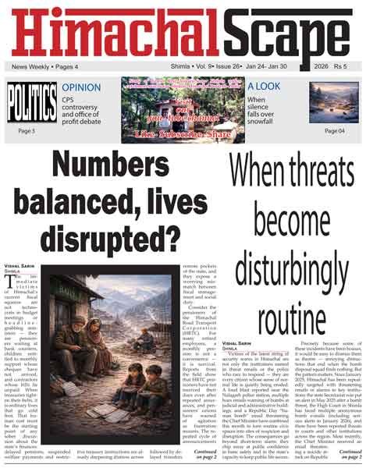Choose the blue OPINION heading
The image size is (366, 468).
coord(81,87)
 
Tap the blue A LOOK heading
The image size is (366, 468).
coord(268,87)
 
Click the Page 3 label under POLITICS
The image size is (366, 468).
coord(26,130)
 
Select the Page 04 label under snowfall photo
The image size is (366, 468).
coord(334,130)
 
